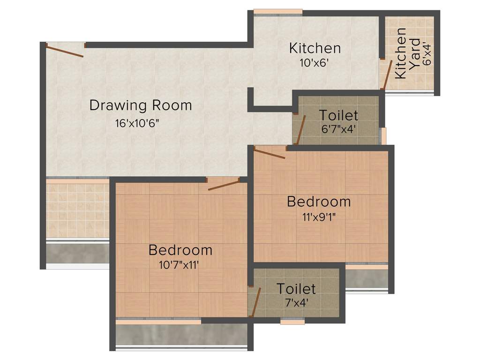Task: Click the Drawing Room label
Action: point(141,105)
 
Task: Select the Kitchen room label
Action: point(315,48)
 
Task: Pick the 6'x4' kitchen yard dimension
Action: point(426,53)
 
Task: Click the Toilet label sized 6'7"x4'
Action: point(338,115)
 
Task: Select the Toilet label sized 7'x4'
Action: point(296,288)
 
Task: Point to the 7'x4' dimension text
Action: point(296,302)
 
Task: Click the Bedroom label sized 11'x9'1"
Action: point(319,202)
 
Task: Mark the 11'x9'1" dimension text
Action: point(319,217)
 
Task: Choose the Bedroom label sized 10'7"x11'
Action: point(180,250)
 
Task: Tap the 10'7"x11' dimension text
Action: point(180,265)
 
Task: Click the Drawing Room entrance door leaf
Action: point(66,51)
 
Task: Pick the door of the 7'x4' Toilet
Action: point(256,302)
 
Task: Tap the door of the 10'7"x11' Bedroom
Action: point(224,185)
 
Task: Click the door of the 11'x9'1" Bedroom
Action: point(270,154)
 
